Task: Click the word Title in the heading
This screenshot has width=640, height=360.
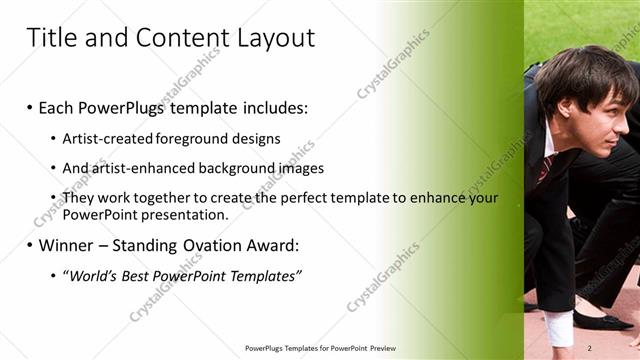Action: pyautogui.click(x=49, y=38)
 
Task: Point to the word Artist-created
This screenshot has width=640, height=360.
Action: pyautogui.click(x=106, y=138)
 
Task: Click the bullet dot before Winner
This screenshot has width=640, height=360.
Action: pyautogui.click(x=30, y=245)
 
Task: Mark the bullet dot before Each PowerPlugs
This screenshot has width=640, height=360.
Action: pyautogui.click(x=30, y=107)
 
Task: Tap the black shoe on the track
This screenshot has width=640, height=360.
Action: pyautogui.click(x=600, y=319)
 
